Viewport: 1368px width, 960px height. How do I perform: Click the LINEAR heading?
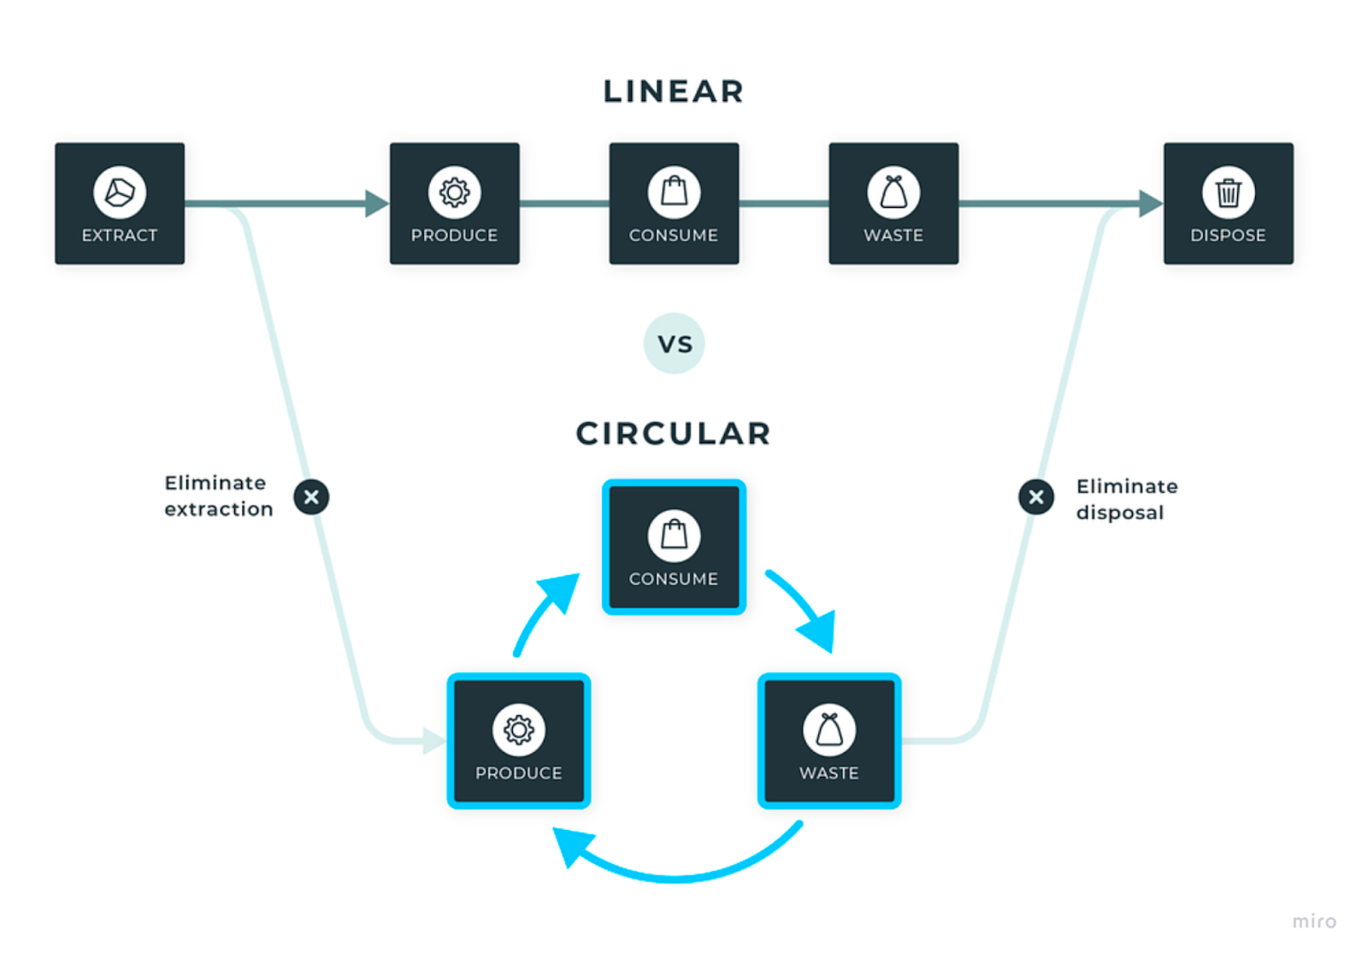673,92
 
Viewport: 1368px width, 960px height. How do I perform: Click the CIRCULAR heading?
673,434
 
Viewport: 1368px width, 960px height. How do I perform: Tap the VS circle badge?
674,344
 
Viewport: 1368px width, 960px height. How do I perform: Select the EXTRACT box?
120,204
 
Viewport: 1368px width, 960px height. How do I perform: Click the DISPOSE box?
1228,204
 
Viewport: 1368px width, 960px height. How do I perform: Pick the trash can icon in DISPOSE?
1228,193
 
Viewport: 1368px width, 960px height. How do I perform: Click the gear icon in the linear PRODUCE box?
454,193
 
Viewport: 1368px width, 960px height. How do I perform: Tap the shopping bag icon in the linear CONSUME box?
674,192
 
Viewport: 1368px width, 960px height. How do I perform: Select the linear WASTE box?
893,204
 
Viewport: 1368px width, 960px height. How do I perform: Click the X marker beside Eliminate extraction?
311,497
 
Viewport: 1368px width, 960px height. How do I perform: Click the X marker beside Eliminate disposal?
1035,497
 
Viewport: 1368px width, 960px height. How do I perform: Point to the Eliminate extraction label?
218,496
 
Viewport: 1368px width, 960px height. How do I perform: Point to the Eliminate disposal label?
1126,500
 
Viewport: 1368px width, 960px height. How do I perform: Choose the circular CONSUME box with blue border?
674,548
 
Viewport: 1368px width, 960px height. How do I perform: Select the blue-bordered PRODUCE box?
519,741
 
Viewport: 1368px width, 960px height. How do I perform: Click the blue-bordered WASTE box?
828,741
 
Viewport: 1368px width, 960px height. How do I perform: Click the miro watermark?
1313,921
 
